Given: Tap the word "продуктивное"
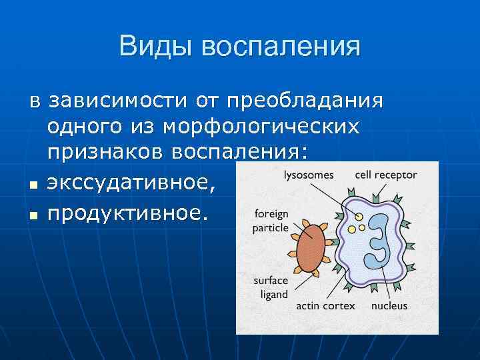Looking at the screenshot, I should (127, 213).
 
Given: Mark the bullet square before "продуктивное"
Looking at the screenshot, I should (33, 215).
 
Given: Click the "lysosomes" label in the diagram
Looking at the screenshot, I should (308, 175).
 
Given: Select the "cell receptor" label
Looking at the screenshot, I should (386, 175).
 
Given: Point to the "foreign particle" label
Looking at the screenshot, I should (271, 221).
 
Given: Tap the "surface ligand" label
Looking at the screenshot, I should (271, 287).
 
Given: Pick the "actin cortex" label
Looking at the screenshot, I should (325, 307).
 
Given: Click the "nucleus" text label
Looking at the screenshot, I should (389, 307).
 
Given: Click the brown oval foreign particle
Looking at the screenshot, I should (309, 248).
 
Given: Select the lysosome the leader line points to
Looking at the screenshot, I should (359, 217).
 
